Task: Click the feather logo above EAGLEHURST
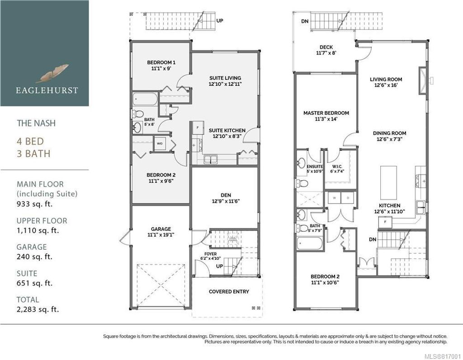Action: (53, 72)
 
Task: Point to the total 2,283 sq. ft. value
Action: (38, 309)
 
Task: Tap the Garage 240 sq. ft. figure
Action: (34, 257)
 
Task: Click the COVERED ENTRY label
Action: (229, 292)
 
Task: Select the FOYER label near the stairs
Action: (211, 254)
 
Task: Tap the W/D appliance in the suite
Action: (160, 144)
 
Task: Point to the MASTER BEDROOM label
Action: (326, 113)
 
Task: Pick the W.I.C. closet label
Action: (335, 165)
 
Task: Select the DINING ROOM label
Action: (389, 133)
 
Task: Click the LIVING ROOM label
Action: (386, 79)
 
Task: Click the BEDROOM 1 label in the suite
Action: (161, 62)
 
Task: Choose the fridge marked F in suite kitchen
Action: (197, 128)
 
